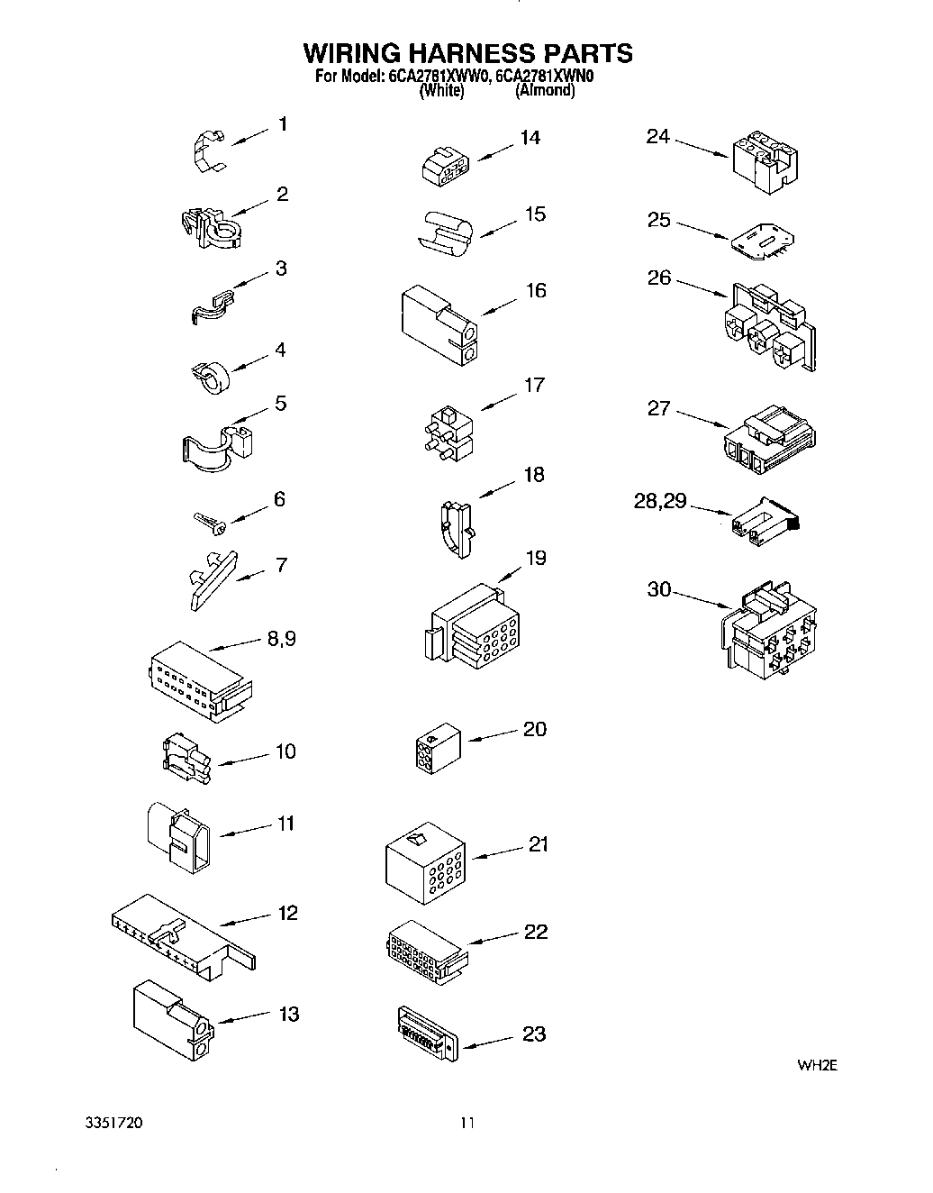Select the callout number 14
530,138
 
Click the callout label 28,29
660,501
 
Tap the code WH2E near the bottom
817,1065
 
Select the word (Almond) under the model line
544,91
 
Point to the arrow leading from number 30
703,599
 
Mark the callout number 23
534,1034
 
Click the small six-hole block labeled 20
437,748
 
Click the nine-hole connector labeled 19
470,631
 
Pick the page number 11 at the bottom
466,1123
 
